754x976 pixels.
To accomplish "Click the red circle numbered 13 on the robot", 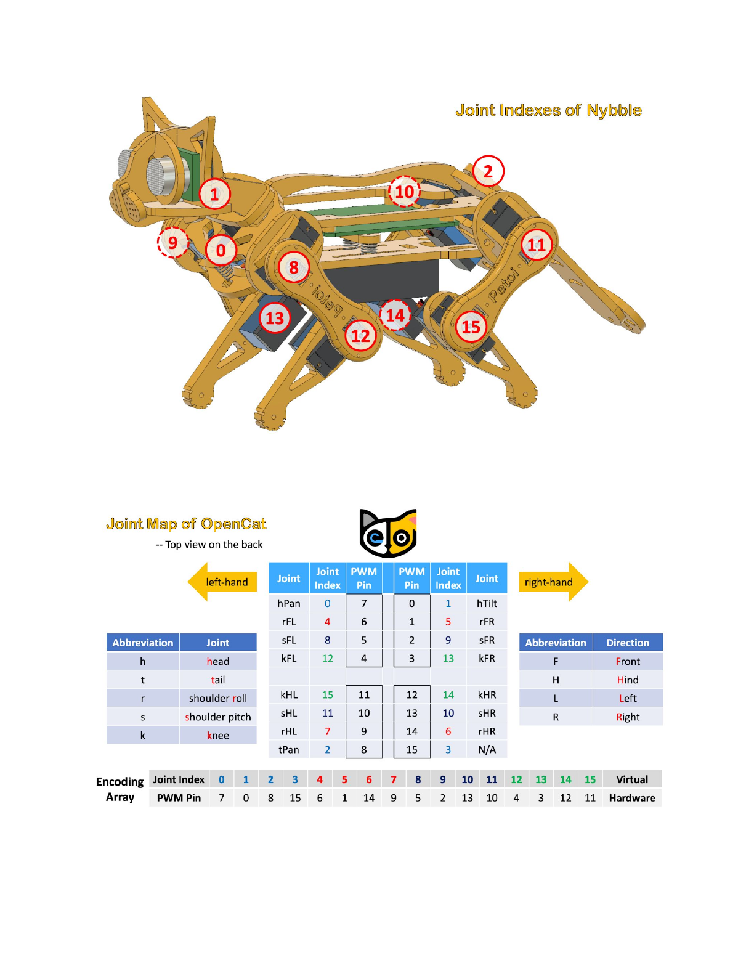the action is tap(275, 318).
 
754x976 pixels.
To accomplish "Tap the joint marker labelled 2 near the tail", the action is tap(488, 171).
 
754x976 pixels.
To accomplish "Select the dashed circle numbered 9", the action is tap(173, 242).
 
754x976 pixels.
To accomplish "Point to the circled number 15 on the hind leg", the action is tap(471, 327).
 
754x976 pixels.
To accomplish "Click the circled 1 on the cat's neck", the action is tap(214, 194).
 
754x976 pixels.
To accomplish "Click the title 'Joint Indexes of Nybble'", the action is tap(548, 110).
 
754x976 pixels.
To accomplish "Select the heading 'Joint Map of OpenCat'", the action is tap(186, 524).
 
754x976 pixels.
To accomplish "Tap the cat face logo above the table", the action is tap(388, 533).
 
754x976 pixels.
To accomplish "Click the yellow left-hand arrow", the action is tap(222, 582).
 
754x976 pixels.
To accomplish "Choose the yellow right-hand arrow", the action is tap(553, 582).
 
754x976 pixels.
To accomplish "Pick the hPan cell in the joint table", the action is tap(289, 603).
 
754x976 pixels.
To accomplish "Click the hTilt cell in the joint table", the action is tap(487, 603).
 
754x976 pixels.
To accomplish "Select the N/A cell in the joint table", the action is tap(487, 749).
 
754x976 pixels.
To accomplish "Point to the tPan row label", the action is tap(289, 749).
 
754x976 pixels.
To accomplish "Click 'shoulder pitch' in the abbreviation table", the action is tap(218, 717).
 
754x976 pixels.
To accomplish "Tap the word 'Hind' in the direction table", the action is tap(628, 680).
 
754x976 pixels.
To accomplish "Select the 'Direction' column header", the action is tap(628, 643).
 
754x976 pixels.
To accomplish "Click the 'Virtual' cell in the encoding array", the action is tap(632, 779).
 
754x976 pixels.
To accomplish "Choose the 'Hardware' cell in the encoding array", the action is tap(632, 798).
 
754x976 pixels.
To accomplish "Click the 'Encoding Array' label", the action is tap(120, 789).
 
